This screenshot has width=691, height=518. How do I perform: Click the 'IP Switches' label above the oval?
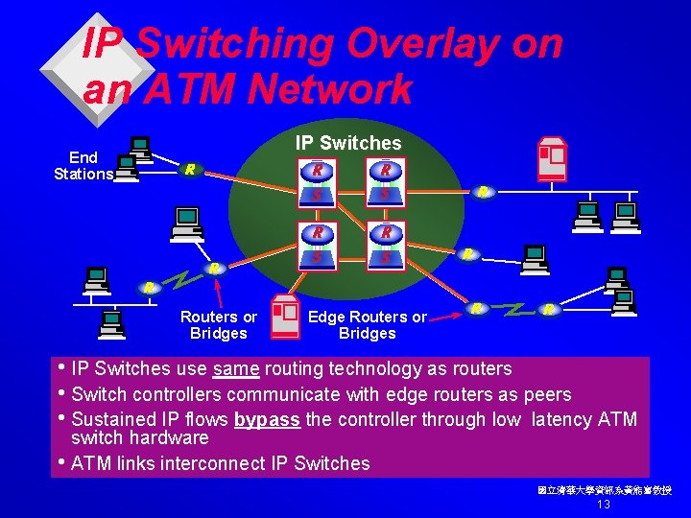pyautogui.click(x=348, y=143)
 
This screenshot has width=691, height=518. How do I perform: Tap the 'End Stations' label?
pyautogui.click(x=83, y=165)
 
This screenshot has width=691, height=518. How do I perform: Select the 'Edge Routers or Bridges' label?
pyautogui.click(x=368, y=325)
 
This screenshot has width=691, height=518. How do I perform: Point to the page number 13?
pyautogui.click(x=604, y=505)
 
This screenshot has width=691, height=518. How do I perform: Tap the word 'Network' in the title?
pyautogui.click(x=329, y=90)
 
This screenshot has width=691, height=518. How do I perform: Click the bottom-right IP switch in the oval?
pyautogui.click(x=385, y=245)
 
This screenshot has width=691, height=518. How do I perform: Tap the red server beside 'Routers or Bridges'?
pyautogui.click(x=284, y=318)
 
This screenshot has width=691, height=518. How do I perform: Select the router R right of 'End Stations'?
pyautogui.click(x=191, y=170)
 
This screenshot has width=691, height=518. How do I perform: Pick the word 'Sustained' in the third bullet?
pyautogui.click(x=113, y=419)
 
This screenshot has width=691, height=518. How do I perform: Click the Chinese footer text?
pyautogui.click(x=605, y=490)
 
